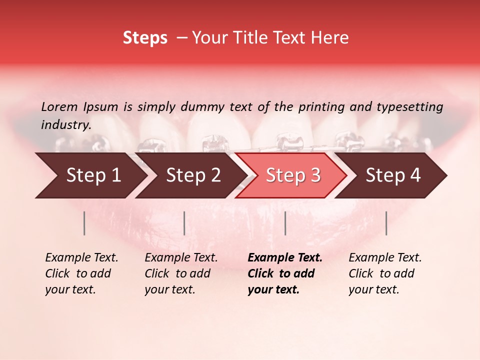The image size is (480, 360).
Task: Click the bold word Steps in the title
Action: point(145,38)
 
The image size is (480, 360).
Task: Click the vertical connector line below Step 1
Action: point(84,223)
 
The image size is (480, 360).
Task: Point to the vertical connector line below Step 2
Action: point(184,223)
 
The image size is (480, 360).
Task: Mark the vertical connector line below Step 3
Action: point(285,223)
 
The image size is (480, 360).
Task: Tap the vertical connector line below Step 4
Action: point(386,223)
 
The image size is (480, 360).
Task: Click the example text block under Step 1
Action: point(81,273)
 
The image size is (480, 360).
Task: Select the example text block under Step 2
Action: point(181,273)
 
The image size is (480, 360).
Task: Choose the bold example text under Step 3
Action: point(285,273)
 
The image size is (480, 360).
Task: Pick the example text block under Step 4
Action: point(385,273)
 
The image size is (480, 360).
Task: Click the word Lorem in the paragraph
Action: point(59,107)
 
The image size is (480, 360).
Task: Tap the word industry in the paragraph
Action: point(65,125)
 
